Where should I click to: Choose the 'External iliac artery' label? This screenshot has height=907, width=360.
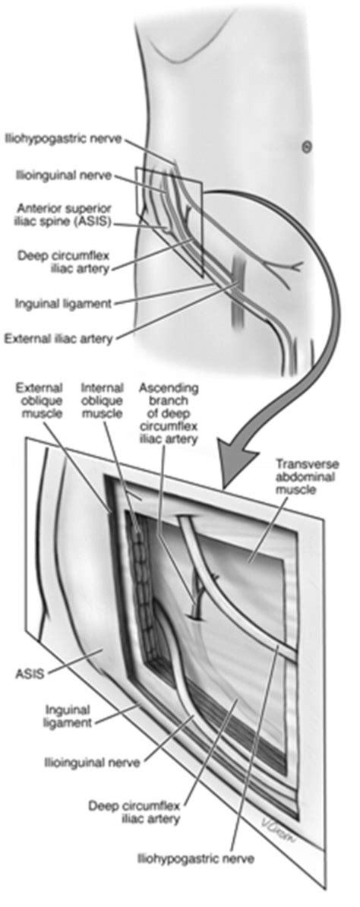tap(58, 338)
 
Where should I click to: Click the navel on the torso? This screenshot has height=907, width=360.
tap(307, 148)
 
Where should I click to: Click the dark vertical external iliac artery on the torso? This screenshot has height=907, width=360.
tap(237, 290)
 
